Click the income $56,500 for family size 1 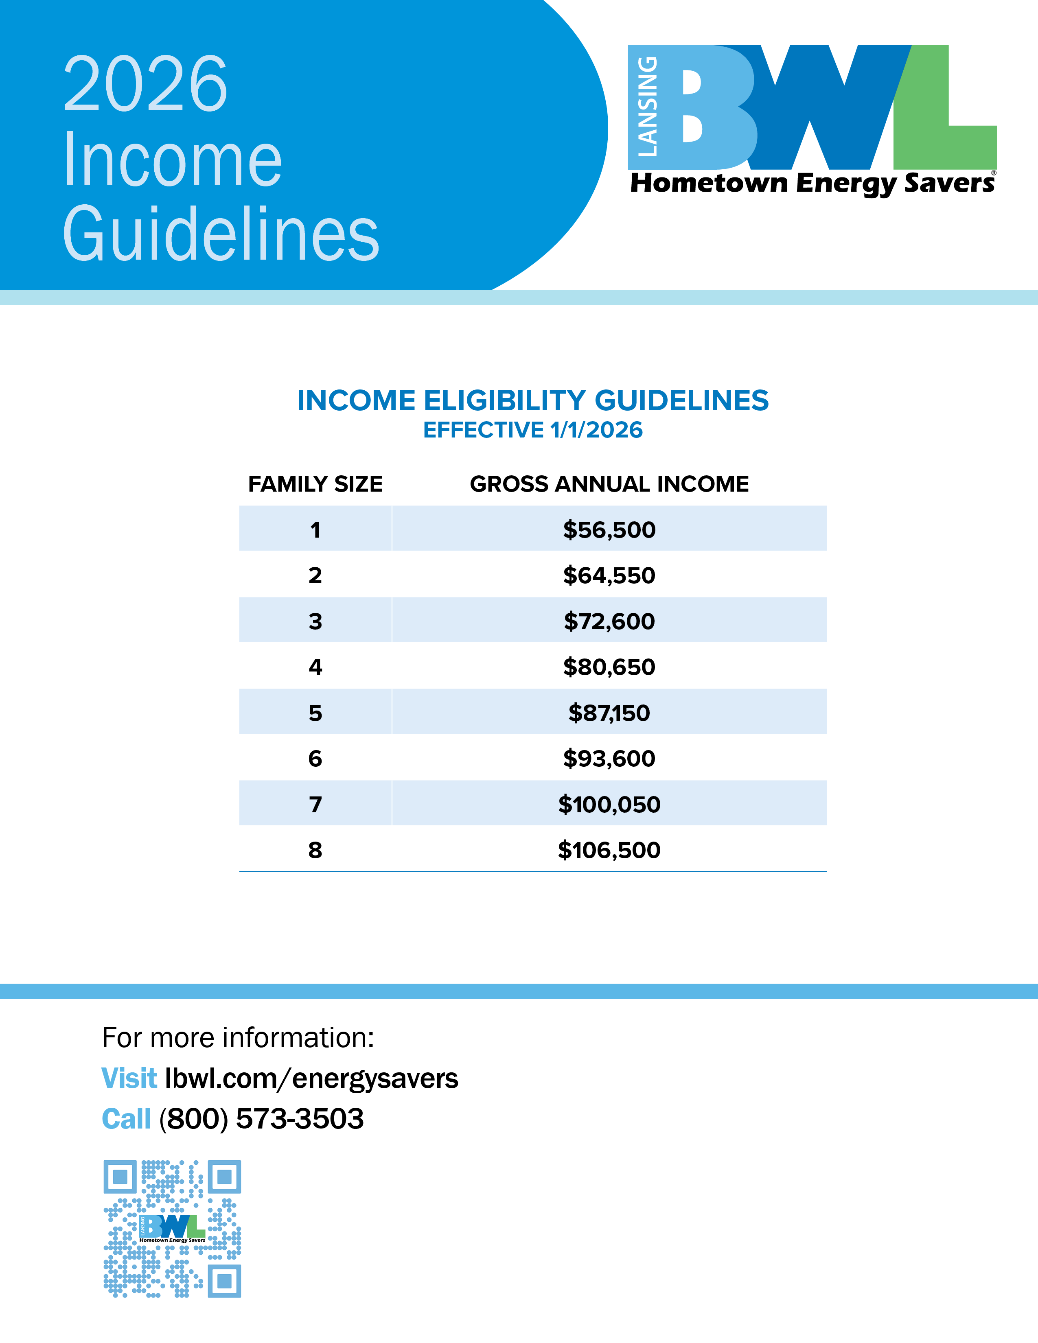pyautogui.click(x=609, y=529)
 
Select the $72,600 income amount pyautogui.click(x=609, y=621)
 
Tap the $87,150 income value pyautogui.click(x=609, y=713)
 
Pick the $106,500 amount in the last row pyautogui.click(x=609, y=850)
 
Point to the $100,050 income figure pyautogui.click(x=609, y=804)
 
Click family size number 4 pyautogui.click(x=315, y=667)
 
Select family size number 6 pyautogui.click(x=315, y=758)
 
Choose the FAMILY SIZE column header pyautogui.click(x=315, y=484)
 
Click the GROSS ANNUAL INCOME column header pyautogui.click(x=609, y=484)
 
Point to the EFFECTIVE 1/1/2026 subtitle pyautogui.click(x=532, y=430)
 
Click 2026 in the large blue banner pyautogui.click(x=145, y=84)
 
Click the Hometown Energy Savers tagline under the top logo pyautogui.click(x=812, y=183)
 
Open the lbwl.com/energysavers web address pyautogui.click(x=311, y=1078)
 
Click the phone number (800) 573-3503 pyautogui.click(x=261, y=1118)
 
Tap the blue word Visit pyautogui.click(x=129, y=1078)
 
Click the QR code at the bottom pyautogui.click(x=172, y=1229)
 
